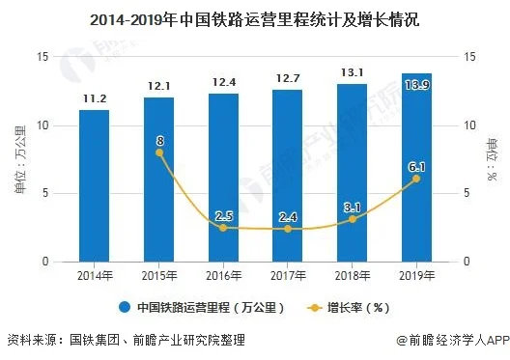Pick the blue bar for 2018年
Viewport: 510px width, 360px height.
point(352,173)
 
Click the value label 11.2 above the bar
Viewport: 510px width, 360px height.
point(94,97)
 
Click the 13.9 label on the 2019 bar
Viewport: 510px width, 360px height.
point(416,86)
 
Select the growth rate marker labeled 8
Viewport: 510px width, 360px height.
point(158,152)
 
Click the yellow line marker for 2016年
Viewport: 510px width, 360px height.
point(222,228)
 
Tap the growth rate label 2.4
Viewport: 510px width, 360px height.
point(287,216)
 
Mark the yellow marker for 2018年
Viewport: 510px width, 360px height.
point(352,219)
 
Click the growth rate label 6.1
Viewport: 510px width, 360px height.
point(416,167)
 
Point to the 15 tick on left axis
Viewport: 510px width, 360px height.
point(42,57)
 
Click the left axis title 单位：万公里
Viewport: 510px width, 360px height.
point(18,159)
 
